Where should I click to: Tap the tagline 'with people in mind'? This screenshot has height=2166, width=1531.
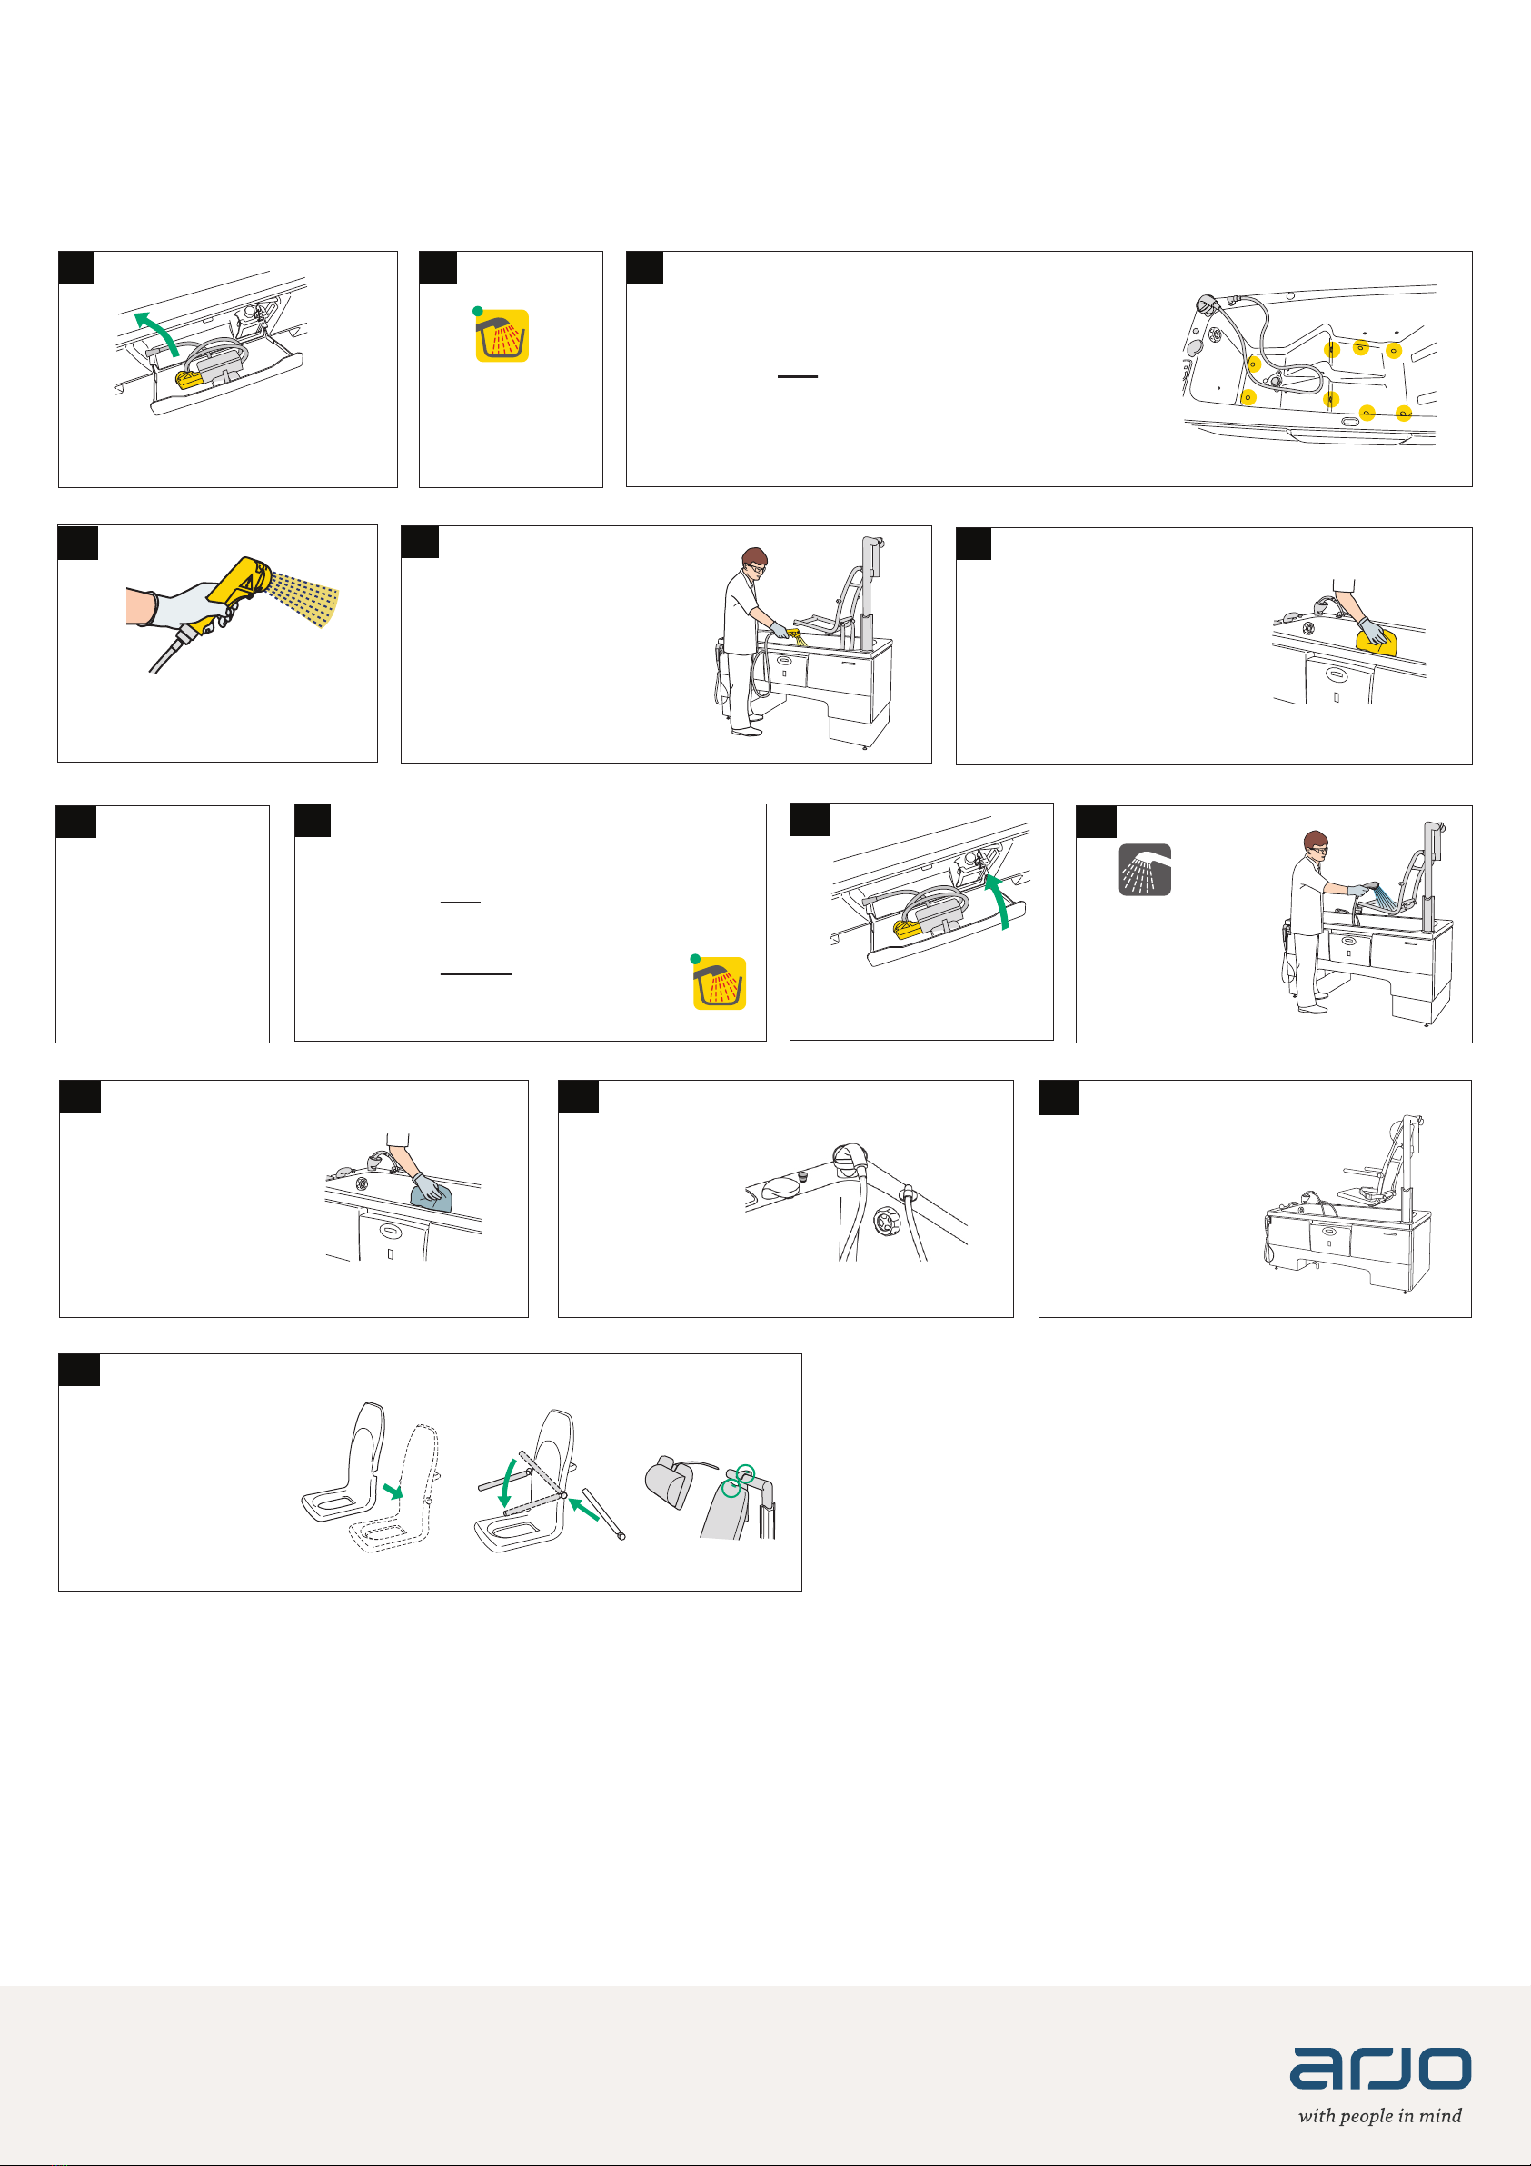coord(1380,2115)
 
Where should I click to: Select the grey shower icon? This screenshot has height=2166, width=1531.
coord(1145,870)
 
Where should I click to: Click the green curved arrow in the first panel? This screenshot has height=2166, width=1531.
coord(155,331)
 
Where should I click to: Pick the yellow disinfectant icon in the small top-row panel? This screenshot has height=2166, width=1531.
coord(502,334)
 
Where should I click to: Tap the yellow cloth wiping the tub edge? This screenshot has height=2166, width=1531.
coord(1377,642)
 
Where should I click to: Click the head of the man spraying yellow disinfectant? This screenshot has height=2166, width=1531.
coord(755,562)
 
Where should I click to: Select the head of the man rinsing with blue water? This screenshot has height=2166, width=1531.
coord(1316,845)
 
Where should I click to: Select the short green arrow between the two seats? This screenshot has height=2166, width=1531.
coord(393,1491)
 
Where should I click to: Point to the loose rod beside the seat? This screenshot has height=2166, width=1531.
coord(603,1513)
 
